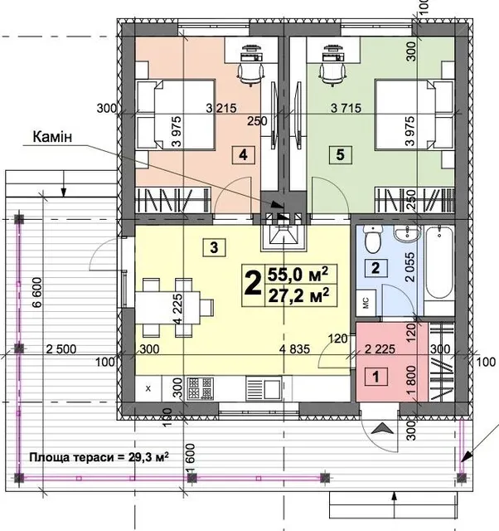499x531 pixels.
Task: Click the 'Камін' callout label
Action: (x=52, y=136)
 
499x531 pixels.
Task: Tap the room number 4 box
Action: (x=243, y=155)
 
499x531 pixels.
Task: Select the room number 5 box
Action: (x=341, y=155)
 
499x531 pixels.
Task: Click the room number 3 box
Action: (x=214, y=247)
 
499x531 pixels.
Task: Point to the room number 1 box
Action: (x=375, y=377)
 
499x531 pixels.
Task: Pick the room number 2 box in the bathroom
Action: (x=375, y=268)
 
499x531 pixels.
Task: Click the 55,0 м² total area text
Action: (x=298, y=275)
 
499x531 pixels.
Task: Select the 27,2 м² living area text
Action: (x=298, y=295)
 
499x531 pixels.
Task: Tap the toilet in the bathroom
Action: (x=373, y=238)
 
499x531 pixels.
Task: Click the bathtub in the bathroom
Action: (x=439, y=263)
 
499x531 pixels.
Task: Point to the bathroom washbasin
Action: (x=407, y=234)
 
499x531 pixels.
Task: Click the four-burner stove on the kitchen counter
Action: (x=201, y=388)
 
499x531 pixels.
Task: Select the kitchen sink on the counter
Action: (x=264, y=388)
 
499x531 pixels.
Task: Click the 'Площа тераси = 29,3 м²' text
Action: (x=99, y=457)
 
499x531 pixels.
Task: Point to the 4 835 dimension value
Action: (x=294, y=348)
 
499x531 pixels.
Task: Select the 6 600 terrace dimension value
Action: (x=36, y=292)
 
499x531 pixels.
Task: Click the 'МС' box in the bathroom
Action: (x=366, y=303)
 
